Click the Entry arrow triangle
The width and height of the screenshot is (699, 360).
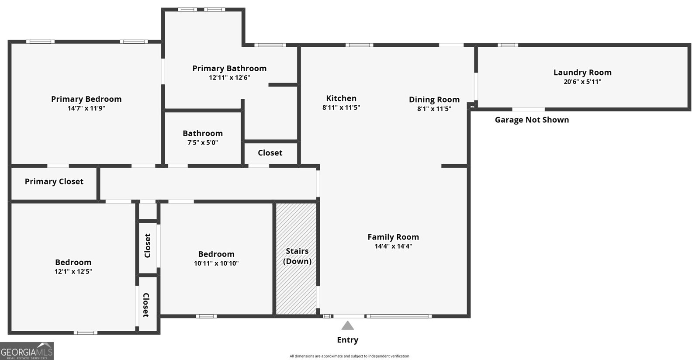tap(348, 325)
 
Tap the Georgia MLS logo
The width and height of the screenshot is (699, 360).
tap(27, 351)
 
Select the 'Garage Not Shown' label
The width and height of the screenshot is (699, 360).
tap(532, 120)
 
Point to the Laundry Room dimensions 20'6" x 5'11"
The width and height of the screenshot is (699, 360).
tap(582, 82)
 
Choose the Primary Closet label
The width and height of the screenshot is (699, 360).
tap(54, 182)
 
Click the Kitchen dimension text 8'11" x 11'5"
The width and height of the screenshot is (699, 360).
tap(341, 107)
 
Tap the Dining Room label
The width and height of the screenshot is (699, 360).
tap(434, 100)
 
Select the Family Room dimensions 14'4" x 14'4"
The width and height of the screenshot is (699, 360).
tap(393, 246)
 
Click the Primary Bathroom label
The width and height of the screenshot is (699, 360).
tap(229, 68)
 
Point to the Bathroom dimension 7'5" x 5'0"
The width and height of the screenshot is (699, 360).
tap(203, 142)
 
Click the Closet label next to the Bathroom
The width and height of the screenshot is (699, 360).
tap(270, 153)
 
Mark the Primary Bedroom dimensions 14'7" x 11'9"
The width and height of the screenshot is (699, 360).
tap(86, 108)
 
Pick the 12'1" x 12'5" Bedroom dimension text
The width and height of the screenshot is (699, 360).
tap(73, 271)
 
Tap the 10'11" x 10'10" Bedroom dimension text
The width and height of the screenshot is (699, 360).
tap(216, 263)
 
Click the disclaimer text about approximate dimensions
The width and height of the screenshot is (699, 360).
tap(349, 356)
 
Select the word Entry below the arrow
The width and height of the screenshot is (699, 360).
tap(348, 340)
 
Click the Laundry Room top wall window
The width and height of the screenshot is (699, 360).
tap(508, 45)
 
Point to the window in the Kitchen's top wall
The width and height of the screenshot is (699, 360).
tap(359, 45)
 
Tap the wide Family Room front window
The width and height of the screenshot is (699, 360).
tap(399, 316)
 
